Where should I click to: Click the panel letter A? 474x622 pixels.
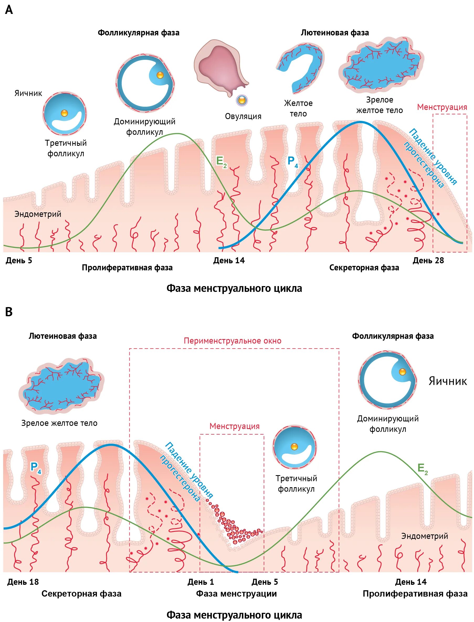[9, 10]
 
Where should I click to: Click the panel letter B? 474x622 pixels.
[9, 312]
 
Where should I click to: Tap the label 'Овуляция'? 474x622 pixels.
[243, 116]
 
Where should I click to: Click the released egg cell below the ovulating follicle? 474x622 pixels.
[242, 100]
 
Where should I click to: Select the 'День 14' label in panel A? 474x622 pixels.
[229, 260]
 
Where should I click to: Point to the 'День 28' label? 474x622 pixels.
[428, 260]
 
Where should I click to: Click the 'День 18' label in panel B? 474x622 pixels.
[23, 582]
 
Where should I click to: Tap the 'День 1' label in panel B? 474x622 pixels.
[201, 582]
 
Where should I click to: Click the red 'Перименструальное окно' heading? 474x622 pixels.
[233, 341]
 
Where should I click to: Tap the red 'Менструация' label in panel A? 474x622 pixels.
[442, 107]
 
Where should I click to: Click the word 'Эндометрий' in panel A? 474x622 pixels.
[38, 214]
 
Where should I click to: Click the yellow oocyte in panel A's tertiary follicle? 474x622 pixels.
[64, 113]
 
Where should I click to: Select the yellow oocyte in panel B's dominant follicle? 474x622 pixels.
[402, 372]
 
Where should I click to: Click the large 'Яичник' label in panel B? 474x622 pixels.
[447, 381]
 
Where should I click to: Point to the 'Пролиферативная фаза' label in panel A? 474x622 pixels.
[127, 268]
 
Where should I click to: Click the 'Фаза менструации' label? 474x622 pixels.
[236, 594]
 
